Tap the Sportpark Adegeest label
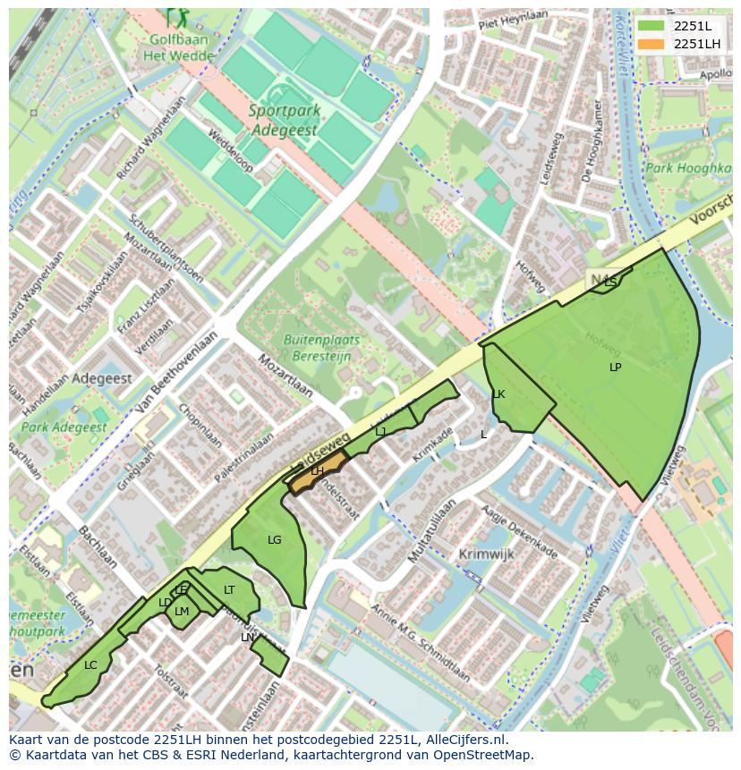click(283, 120)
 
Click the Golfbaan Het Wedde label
click(181, 48)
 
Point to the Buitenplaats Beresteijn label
click(321, 347)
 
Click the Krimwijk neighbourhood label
click(486, 554)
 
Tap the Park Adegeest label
click(64, 427)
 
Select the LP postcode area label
click(615, 368)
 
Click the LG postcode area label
click(274, 539)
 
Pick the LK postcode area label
click(498, 394)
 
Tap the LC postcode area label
click(90, 665)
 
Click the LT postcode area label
click(229, 590)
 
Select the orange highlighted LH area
click(317, 471)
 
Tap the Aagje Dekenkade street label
click(519, 531)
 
